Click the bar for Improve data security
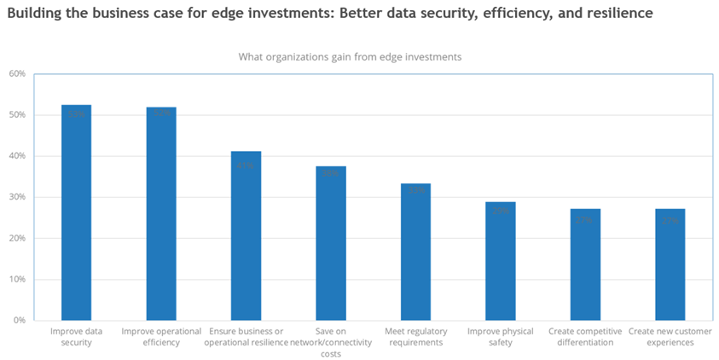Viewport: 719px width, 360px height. coord(76,213)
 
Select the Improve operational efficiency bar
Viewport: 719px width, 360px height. coord(161,214)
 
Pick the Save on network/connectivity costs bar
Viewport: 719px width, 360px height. coord(331,243)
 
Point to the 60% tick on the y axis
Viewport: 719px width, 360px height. coord(17,73)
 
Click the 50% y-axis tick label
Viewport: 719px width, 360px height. coord(17,114)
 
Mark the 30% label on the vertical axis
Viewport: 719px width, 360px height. coord(17,197)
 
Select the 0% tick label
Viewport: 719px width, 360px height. coord(20,320)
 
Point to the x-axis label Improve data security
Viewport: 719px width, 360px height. coord(76,336)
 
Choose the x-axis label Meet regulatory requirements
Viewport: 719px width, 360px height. coord(415,336)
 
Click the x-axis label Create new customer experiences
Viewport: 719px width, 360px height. coord(670,336)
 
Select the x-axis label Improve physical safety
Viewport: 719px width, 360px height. coord(501,336)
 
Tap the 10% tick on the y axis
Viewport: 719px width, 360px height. coord(17,279)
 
